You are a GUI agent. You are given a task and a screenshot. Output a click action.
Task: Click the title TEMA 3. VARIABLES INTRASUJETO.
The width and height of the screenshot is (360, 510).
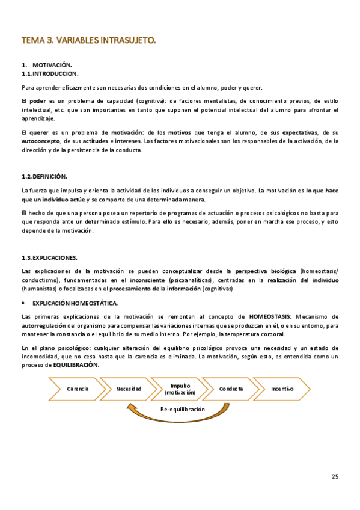coord(88,41)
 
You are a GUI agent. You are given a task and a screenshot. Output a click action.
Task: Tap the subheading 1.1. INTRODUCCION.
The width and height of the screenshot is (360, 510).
coord(50,73)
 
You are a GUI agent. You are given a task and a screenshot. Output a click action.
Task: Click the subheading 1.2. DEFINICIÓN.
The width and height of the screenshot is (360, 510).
coord(44,176)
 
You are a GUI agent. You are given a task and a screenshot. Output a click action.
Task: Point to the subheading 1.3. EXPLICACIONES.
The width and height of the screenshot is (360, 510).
coord(49,257)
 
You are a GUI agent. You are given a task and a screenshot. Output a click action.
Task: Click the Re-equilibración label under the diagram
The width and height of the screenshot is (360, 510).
coord(182,409)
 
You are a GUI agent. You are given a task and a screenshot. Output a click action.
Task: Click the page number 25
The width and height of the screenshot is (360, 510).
coord(335,477)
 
